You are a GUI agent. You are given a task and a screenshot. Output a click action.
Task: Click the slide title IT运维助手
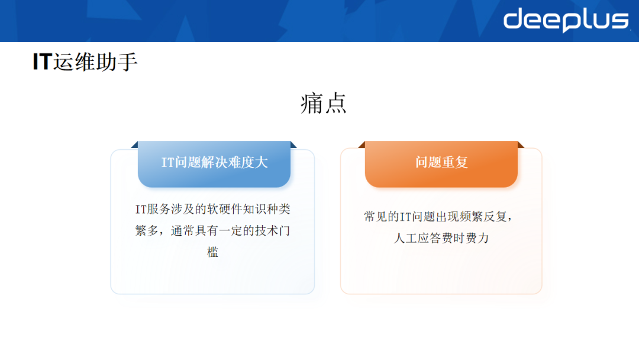85,62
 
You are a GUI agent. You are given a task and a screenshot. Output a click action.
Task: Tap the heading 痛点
323,103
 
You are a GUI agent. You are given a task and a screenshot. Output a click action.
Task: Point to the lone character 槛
212,252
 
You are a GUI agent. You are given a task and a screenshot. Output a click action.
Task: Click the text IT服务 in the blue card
153,209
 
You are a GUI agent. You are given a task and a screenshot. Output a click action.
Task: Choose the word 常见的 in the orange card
382,217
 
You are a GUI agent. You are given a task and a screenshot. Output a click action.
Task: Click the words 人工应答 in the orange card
418,239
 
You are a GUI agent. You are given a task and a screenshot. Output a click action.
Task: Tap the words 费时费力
466,239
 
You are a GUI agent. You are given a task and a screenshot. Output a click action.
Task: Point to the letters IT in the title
42,62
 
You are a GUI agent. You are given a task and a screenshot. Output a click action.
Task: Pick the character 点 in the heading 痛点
335,103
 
